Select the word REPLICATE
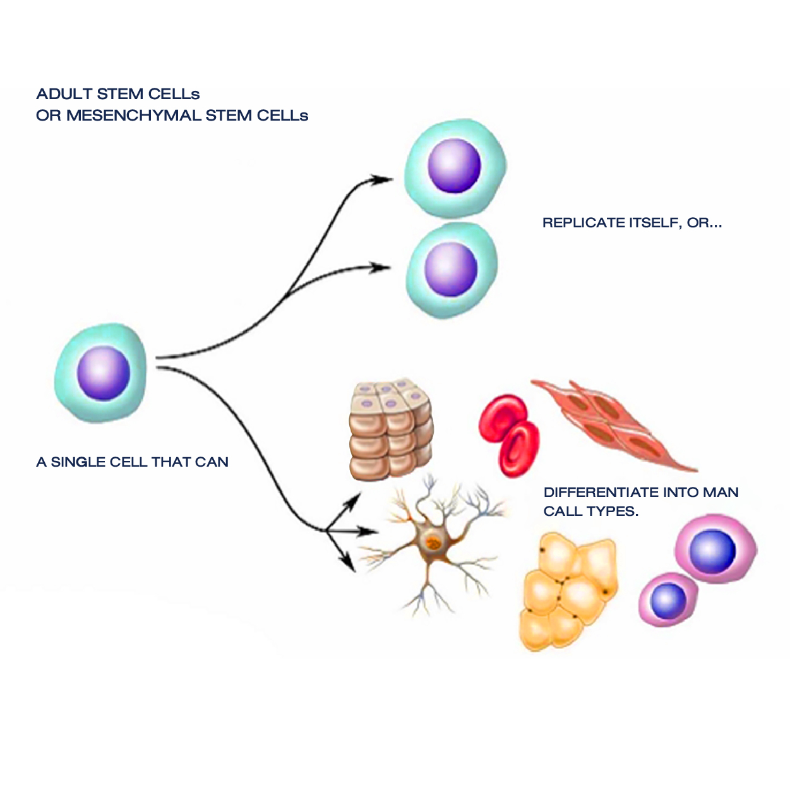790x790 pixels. pos(584,223)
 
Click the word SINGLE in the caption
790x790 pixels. pos(78,462)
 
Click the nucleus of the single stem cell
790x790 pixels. pos(104,373)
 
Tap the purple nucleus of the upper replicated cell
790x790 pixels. pos(454,165)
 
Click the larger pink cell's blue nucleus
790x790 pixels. pos(713,551)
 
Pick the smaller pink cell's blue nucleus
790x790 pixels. pos(668,601)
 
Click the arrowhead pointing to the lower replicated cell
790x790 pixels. pos(381,267)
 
